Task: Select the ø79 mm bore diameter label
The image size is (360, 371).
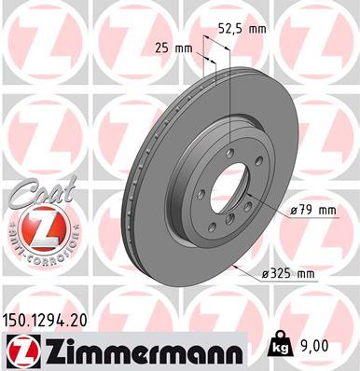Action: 312,211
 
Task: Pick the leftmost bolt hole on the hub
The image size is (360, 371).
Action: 191,196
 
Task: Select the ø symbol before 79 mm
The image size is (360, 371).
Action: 293,211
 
